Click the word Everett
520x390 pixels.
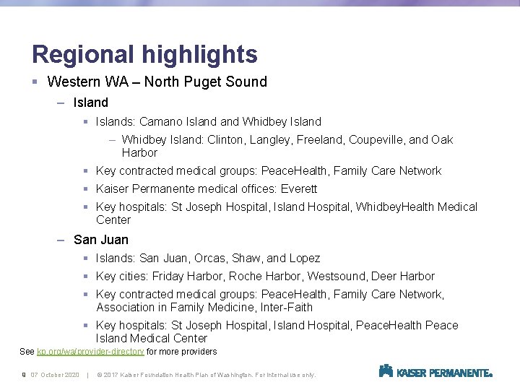coord(299,188)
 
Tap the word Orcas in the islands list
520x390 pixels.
coord(210,258)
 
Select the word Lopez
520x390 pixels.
coord(304,258)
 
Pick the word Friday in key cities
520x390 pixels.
coord(169,276)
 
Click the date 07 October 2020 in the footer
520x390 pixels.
coord(55,374)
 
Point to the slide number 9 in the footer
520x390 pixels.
coord(24,374)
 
